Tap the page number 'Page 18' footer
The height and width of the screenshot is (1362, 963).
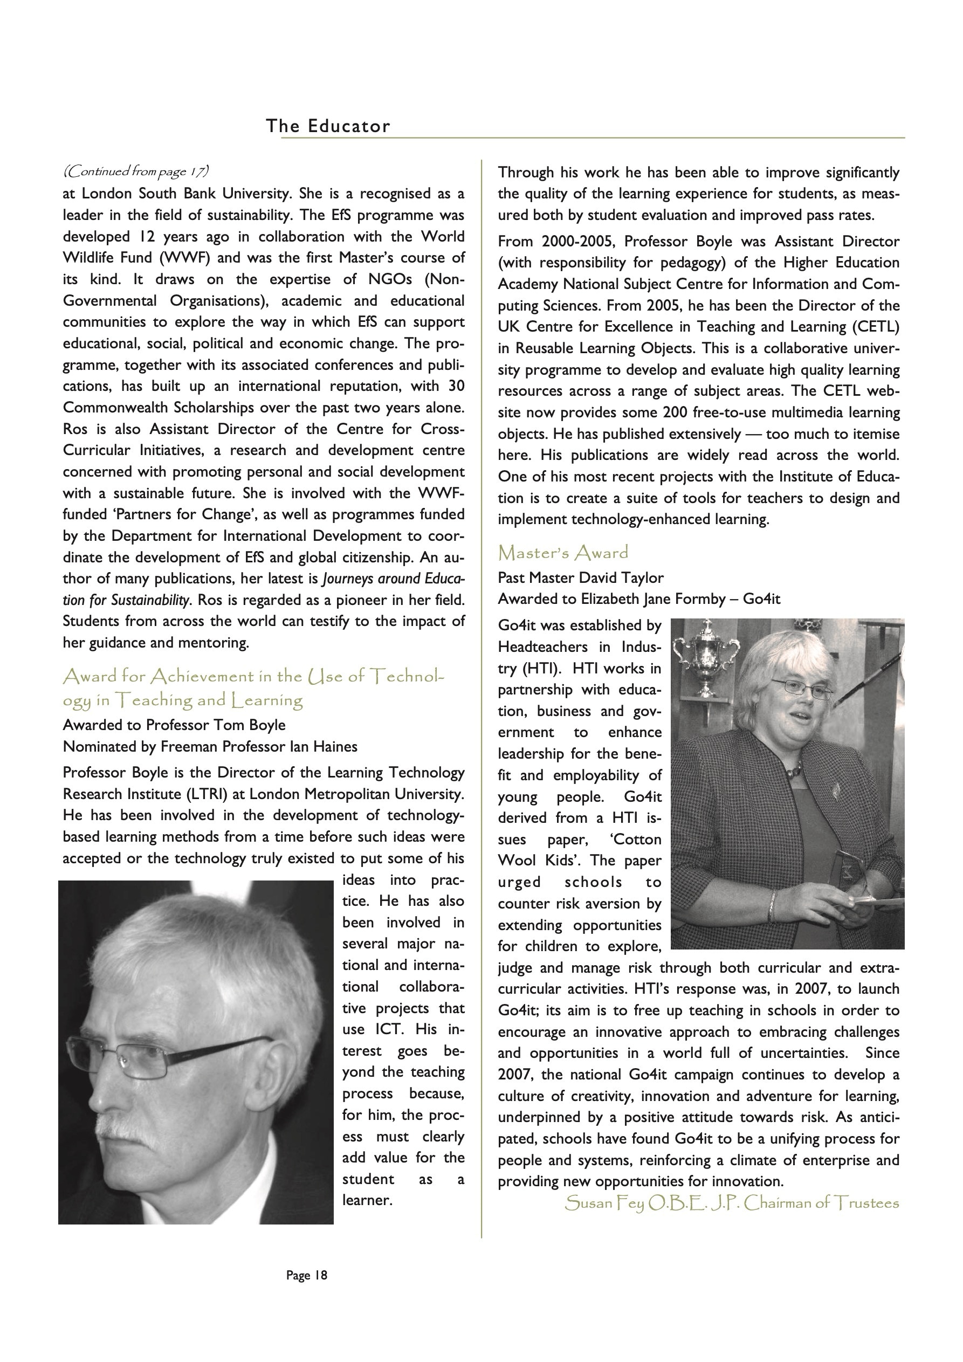point(306,1275)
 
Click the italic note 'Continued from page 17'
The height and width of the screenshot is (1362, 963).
point(136,172)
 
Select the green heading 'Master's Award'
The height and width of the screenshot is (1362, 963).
point(562,553)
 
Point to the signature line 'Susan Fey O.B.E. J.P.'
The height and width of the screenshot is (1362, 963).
point(731,1203)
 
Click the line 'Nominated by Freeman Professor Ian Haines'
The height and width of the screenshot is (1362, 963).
point(210,746)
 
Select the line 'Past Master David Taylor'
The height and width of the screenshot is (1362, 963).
point(580,578)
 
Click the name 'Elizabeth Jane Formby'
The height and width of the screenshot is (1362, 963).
point(652,599)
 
